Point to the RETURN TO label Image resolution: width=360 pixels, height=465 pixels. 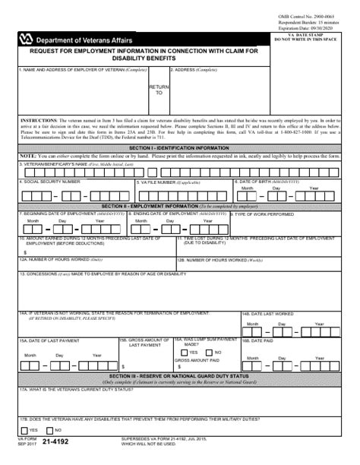pos(159,90)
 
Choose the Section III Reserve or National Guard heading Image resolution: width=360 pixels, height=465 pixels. pos(178,376)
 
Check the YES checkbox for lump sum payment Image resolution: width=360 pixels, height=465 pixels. pos(185,352)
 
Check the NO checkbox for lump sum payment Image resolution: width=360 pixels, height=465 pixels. pos(210,352)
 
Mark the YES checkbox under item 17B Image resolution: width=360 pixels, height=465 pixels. pos(24,429)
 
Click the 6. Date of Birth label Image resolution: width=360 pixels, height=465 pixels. pos(270,182)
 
